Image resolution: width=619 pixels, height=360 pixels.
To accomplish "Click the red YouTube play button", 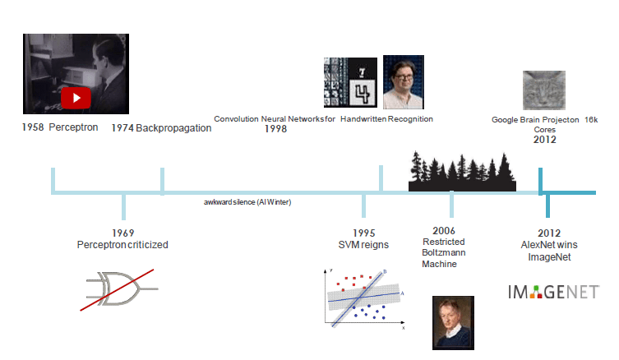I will (x=76, y=98).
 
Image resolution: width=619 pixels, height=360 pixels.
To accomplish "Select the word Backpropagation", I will (x=173, y=128).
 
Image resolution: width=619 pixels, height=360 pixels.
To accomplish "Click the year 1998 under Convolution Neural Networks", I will (x=275, y=129).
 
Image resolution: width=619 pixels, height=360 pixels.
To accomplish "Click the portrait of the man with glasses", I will (x=403, y=81).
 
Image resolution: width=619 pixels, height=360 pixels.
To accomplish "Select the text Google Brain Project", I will (x=526, y=119).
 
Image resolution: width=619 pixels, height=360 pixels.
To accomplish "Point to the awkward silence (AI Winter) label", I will (x=247, y=201).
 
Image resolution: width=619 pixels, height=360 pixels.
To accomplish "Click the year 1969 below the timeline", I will (x=122, y=233).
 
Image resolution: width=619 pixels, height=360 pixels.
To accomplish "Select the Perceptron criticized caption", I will (x=122, y=245).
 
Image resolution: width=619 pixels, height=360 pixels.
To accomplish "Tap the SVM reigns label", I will (x=364, y=245).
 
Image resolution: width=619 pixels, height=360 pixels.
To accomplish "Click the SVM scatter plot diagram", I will (x=363, y=297).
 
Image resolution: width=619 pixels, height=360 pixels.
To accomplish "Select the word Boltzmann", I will (x=444, y=253).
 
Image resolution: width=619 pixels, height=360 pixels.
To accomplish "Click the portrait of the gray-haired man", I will (x=453, y=321).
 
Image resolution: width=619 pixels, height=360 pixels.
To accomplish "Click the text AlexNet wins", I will (x=549, y=245).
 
